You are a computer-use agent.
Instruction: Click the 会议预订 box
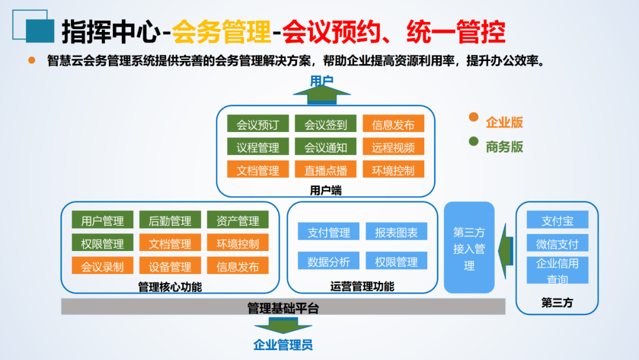(258, 124)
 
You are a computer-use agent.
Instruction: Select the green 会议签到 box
(325, 124)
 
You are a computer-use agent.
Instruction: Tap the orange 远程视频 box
(393, 147)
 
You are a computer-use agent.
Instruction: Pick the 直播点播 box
(325, 170)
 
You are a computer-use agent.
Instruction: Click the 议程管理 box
(258, 147)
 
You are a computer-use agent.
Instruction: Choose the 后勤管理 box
(170, 220)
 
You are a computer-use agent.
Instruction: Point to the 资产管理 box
(238, 220)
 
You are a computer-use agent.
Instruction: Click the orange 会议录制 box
(103, 266)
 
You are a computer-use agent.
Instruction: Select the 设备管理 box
(170, 266)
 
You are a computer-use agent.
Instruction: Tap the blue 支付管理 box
(329, 232)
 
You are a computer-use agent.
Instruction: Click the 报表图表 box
(396, 232)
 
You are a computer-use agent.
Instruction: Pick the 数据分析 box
(329, 261)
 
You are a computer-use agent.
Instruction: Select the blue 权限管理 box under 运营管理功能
(396, 261)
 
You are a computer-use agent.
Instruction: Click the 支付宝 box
(557, 220)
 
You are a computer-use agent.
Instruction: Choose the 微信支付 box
(557, 243)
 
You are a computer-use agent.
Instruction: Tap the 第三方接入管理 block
(469, 247)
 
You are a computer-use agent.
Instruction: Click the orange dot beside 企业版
(473, 117)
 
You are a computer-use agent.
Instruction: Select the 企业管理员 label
(283, 345)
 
